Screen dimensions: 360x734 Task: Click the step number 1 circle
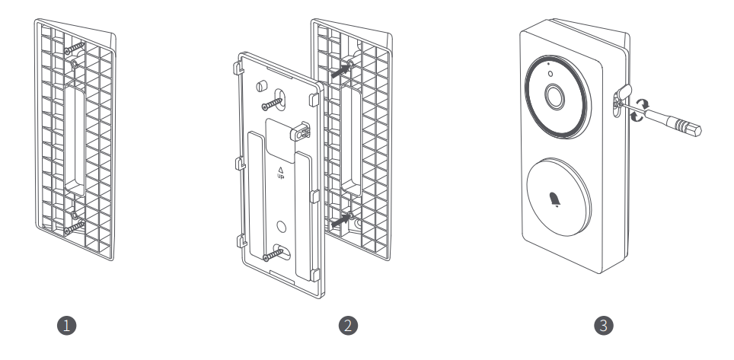[69, 325]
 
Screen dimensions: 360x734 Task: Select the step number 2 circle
[348, 325]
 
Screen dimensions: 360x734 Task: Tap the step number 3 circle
[603, 325]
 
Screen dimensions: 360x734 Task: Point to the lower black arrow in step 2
[343, 220]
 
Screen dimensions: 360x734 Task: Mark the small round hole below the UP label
[282, 225]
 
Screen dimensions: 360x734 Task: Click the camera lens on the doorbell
[554, 97]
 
